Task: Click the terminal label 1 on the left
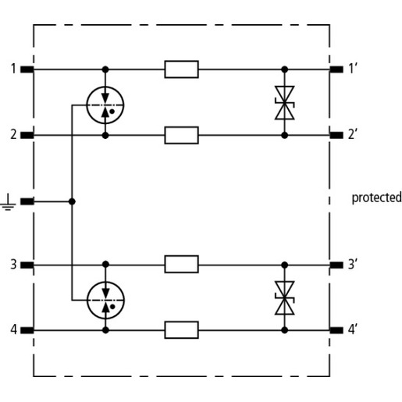[13, 69]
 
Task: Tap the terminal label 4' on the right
[352, 329]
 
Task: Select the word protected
[376, 197]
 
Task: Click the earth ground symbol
[8, 202]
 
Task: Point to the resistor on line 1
[181, 69]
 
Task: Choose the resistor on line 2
[181, 135]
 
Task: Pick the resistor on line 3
[181, 264]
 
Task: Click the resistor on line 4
[181, 330]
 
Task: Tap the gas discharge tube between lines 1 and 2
[105, 105]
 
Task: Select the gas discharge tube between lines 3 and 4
[105, 301]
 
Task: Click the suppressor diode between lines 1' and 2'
[285, 102]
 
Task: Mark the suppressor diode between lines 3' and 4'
[285, 298]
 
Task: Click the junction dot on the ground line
[72, 201]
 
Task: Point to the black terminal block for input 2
[27, 135]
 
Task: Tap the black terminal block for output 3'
[336, 265]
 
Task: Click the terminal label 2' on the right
[352, 134]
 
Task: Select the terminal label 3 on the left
[13, 264]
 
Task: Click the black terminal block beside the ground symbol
[27, 201]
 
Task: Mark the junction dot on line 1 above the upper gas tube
[105, 69]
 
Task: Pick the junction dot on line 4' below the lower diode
[285, 330]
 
